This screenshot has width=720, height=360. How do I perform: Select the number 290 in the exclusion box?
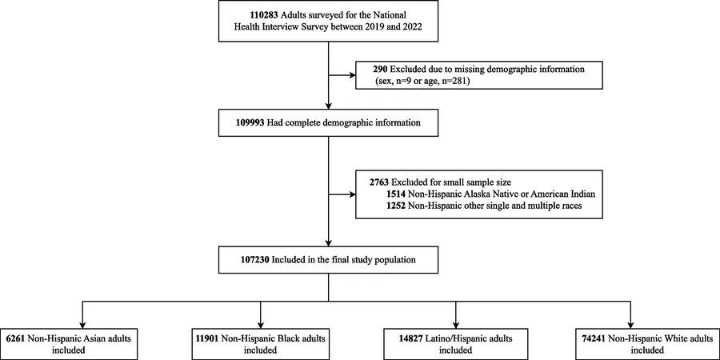380,70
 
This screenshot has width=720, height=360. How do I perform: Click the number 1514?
396,194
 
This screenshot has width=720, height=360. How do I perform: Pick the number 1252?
396,206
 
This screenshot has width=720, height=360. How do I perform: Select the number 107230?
254,260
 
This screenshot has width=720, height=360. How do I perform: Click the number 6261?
17,339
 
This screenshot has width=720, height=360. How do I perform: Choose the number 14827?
411,339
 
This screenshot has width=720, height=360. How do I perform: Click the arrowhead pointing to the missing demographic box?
353,74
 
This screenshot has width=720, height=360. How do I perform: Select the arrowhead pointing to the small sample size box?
353,194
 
